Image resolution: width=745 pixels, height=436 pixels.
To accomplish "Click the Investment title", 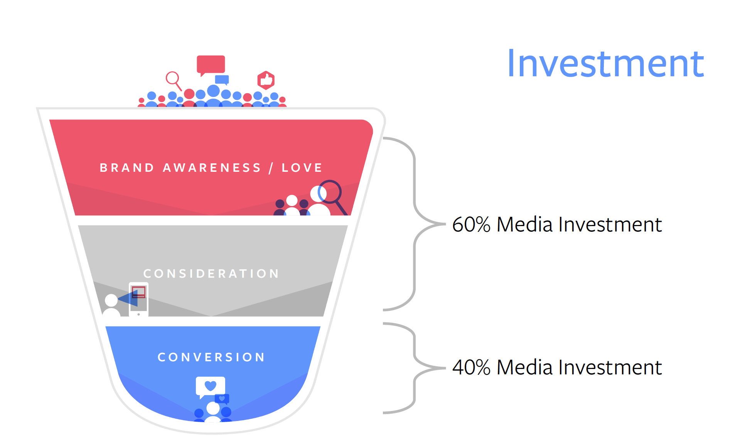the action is coord(606,64).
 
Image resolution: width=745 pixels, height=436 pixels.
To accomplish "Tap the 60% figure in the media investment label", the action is coord(471,225).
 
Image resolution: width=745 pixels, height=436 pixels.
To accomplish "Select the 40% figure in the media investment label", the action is coord(471,367).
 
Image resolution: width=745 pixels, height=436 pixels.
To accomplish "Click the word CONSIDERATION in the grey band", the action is coord(211,273).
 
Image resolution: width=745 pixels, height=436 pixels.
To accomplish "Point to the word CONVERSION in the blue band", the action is coord(211,357).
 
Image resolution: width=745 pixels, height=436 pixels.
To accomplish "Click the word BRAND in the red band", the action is coord(127,168).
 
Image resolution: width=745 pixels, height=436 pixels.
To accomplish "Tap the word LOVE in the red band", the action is coord(302,168).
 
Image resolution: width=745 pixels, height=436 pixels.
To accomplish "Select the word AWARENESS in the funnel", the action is coord(212,168).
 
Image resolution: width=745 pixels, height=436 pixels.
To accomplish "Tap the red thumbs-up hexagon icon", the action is coord(266,80).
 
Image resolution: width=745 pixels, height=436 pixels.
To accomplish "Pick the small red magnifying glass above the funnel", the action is coord(174,81).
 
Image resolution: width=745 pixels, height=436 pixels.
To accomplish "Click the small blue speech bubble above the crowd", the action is coord(222,80).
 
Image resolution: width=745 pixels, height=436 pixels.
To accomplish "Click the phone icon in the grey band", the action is coord(138,300).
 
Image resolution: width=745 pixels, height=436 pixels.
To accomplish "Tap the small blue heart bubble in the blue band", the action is coord(222,399).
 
